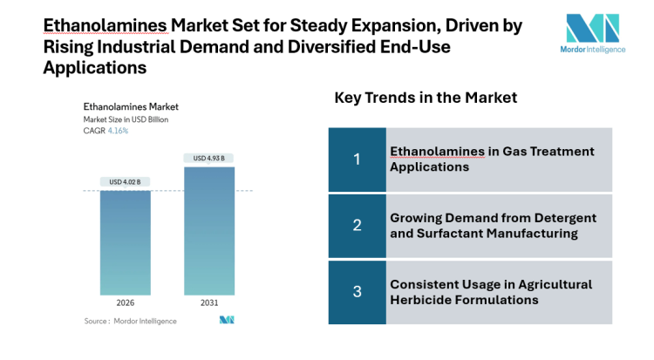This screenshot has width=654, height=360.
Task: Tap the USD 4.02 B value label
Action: pos(125,181)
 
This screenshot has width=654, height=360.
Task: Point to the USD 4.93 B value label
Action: pos(209,158)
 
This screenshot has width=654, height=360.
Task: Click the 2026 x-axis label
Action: pos(125,304)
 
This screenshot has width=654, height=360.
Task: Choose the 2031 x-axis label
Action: pos(209,304)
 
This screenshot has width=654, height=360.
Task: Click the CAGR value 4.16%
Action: pos(118,131)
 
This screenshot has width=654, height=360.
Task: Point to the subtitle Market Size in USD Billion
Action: pos(126,119)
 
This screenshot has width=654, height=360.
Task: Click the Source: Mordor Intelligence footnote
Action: pos(130,321)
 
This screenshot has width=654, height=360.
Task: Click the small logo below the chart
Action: pos(227,321)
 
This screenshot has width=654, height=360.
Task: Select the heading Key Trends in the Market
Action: pos(426,98)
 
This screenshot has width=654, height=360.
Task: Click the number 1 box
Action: pos(357,159)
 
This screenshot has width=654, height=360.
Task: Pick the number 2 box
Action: pos(357,225)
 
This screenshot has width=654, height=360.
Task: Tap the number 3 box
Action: pos(357,291)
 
